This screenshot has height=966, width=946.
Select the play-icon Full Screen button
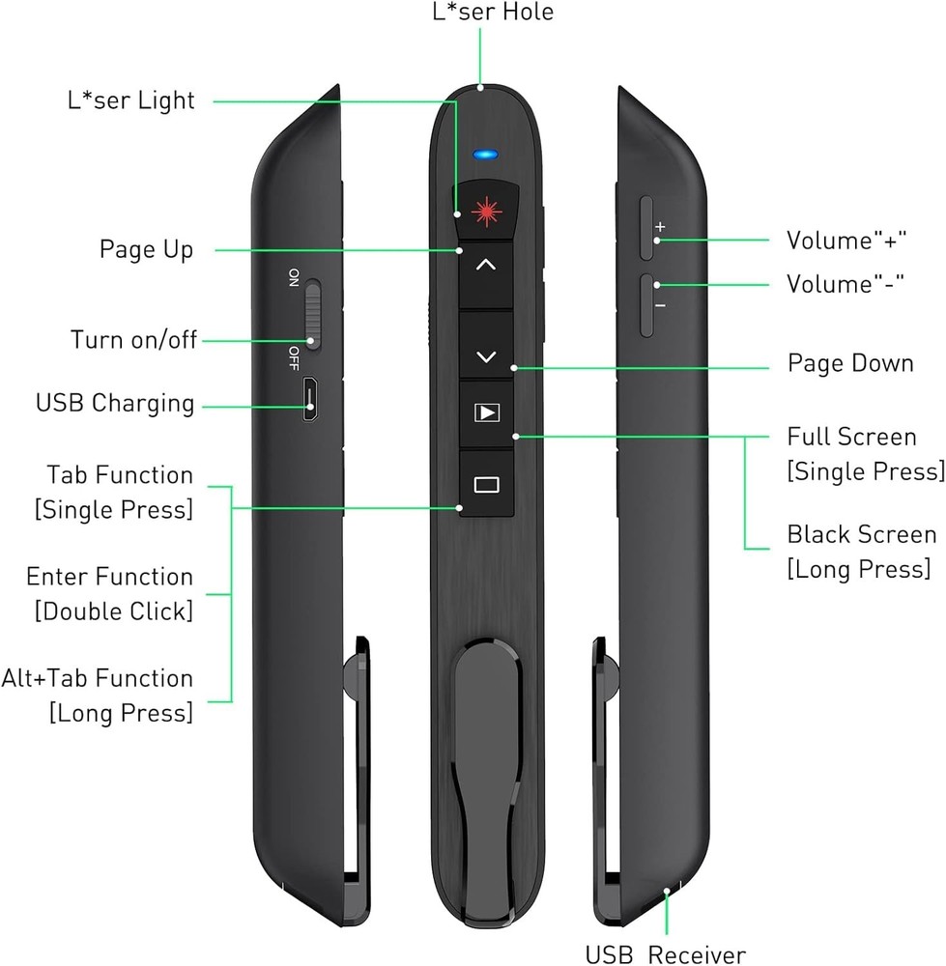tap(487, 413)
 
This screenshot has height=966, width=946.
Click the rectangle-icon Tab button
tap(487, 484)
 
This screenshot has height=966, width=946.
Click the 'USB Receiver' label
tap(665, 955)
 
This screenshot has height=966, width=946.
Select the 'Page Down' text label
tap(849, 364)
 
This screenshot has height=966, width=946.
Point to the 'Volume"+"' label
tap(846, 241)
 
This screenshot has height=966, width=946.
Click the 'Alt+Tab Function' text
tap(98, 678)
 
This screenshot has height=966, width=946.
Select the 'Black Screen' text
tap(861, 534)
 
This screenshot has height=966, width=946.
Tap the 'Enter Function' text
tap(109, 577)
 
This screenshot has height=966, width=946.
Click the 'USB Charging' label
tap(115, 403)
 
